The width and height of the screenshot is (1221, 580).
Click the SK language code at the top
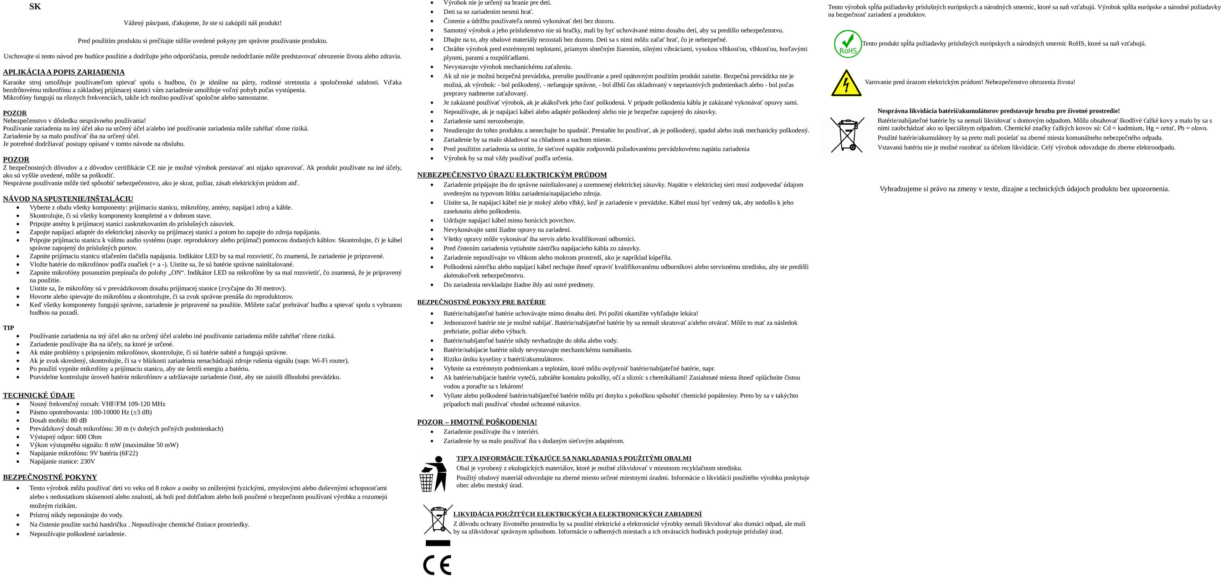pyautogui.click(x=35, y=7)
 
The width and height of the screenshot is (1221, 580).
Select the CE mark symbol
pyautogui.click(x=437, y=564)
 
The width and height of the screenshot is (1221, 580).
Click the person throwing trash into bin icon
pyautogui.click(x=433, y=474)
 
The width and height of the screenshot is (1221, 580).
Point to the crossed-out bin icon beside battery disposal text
pyautogui.click(x=847, y=135)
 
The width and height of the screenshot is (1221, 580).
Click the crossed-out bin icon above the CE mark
pyautogui.click(x=437, y=520)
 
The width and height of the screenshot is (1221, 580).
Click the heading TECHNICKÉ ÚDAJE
pyautogui.click(x=39, y=395)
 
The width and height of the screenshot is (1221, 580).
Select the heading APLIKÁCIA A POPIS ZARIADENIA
pyautogui.click(x=63, y=72)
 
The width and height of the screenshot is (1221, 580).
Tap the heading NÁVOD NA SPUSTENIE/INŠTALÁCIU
pyautogui.click(x=68, y=199)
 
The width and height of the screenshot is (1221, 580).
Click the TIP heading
pyautogui.click(x=9, y=328)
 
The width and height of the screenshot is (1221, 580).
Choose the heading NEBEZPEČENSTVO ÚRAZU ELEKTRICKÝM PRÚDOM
pyautogui.click(x=512, y=175)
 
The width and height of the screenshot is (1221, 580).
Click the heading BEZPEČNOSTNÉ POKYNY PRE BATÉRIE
pyautogui.click(x=481, y=302)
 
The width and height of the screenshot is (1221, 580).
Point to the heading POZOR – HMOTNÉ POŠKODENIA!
pyautogui.click(x=477, y=422)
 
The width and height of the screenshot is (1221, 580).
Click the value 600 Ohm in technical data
pyautogui.click(x=89, y=437)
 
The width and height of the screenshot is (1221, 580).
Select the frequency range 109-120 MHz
pyautogui.click(x=147, y=404)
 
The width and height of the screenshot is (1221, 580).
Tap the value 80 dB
pyautogui.click(x=79, y=420)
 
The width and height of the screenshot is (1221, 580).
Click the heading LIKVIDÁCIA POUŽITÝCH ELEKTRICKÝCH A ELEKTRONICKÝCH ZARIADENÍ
pyautogui.click(x=577, y=514)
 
